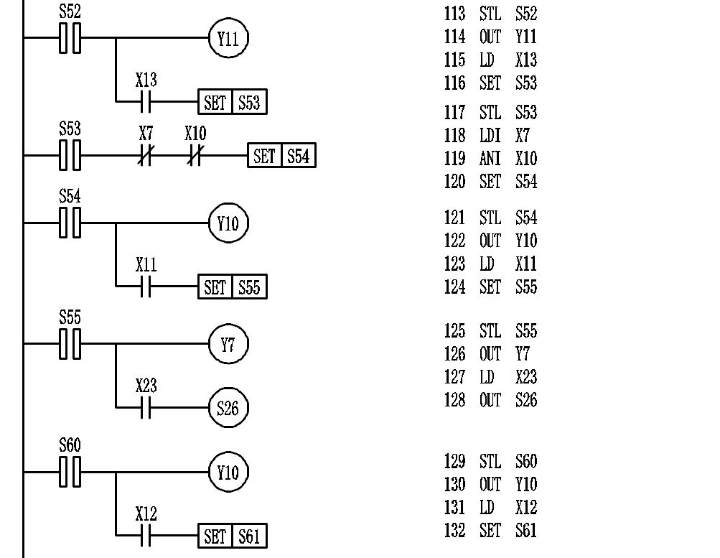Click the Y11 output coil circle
pyautogui.click(x=228, y=39)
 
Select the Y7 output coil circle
pyautogui.click(x=228, y=345)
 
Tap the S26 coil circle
pyautogui.click(x=228, y=409)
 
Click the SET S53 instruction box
pyautogui.click(x=233, y=103)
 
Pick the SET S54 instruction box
pyautogui.click(x=282, y=155)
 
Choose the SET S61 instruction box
pyautogui.click(x=233, y=536)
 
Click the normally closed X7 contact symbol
pyautogui.click(x=146, y=155)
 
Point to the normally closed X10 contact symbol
pyautogui.click(x=195, y=155)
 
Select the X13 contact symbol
pyautogui.click(x=146, y=103)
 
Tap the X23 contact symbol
pyautogui.click(x=146, y=409)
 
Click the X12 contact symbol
pyautogui.click(x=146, y=536)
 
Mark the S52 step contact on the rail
pyautogui.click(x=70, y=38)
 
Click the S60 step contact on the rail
pyautogui.click(x=70, y=473)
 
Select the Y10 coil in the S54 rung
pyautogui.click(x=228, y=223)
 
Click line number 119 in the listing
pyautogui.click(x=454, y=159)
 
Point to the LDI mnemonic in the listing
pyautogui.click(x=490, y=136)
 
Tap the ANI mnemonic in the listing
pyautogui.click(x=490, y=159)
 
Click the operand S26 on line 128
pyautogui.click(x=526, y=400)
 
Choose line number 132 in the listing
pyautogui.click(x=454, y=531)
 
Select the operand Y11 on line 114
pyautogui.click(x=526, y=37)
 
